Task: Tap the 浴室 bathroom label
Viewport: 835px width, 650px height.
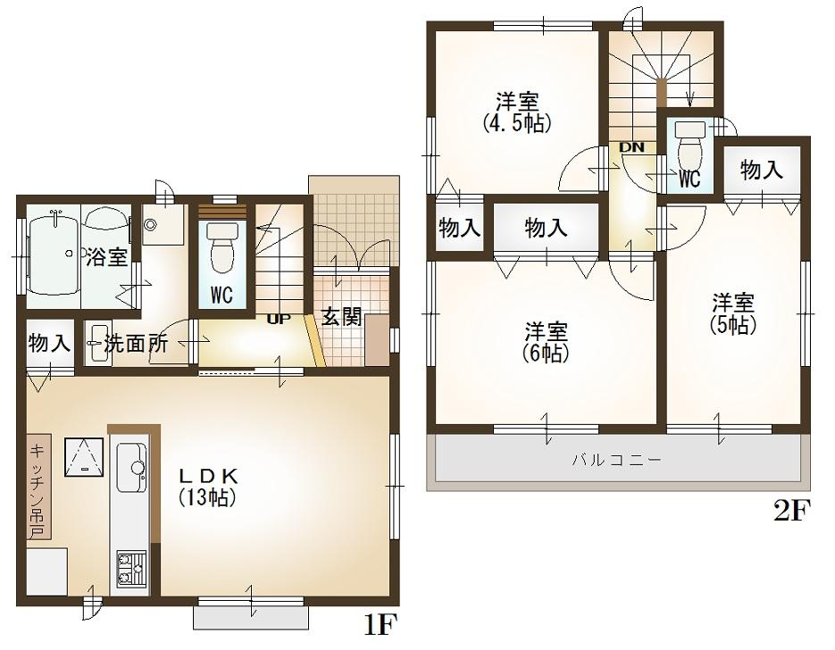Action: (x=107, y=258)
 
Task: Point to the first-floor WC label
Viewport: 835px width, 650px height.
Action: (x=221, y=294)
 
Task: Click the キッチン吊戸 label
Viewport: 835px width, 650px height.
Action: (x=38, y=490)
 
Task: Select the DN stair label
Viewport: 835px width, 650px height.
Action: (x=632, y=147)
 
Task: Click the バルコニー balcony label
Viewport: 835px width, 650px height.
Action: (x=616, y=461)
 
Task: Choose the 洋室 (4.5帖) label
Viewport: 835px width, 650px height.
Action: (x=517, y=110)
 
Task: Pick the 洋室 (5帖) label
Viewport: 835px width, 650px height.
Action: (x=734, y=313)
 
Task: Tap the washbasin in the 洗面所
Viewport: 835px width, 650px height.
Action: (x=96, y=343)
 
